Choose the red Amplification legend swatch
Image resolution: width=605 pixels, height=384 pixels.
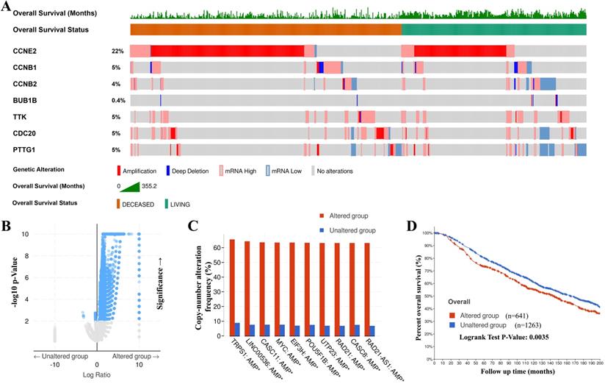119,171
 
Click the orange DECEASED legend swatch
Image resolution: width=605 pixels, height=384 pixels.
120,202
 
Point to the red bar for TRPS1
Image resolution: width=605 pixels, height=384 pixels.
232,288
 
